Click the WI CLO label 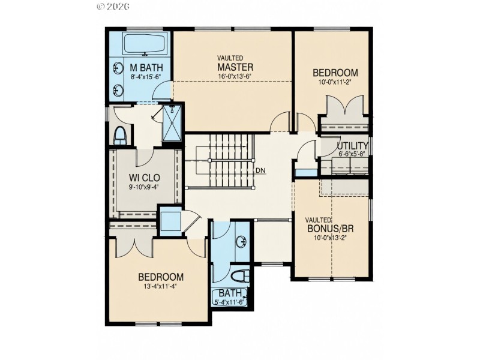click(x=143, y=178)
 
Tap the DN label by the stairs click(x=260, y=170)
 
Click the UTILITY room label click(x=352, y=146)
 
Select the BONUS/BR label click(x=329, y=228)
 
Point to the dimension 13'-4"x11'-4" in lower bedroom click(x=161, y=286)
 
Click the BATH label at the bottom click(x=230, y=293)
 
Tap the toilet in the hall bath click(x=240, y=277)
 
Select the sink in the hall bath click(x=241, y=242)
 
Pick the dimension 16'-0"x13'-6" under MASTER click(x=235, y=76)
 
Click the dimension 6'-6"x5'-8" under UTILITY click(x=351, y=154)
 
